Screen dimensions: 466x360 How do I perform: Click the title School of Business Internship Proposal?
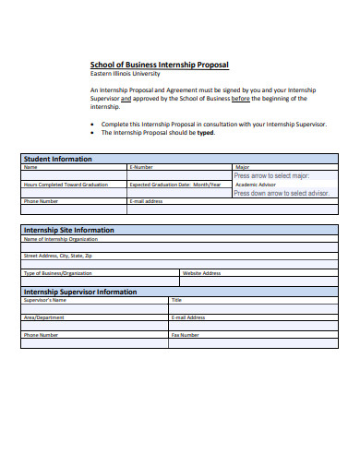point(159,65)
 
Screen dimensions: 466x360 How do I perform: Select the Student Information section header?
point(57,159)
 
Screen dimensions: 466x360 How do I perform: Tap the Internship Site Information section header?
point(69,230)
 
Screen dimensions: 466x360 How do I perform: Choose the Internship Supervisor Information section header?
point(79,292)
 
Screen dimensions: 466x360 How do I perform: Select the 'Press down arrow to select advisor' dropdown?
point(281,193)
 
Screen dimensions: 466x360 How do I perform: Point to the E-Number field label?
point(141,167)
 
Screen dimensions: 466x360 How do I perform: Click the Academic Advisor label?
point(256,185)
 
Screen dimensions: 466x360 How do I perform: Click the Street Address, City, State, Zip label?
point(58,255)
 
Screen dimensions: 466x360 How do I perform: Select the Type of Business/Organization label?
point(58,273)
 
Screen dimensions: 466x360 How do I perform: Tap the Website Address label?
point(202,273)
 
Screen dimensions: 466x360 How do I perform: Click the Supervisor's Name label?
point(45,300)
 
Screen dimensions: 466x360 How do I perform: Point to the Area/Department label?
point(44,317)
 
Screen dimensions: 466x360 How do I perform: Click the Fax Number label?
point(186,335)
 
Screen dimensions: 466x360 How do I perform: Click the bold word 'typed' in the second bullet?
point(206,132)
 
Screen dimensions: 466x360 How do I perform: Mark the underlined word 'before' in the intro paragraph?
point(242,98)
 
